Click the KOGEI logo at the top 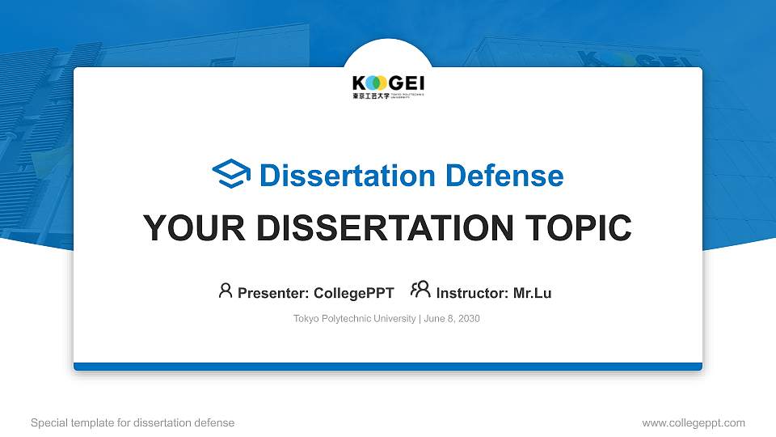[388, 83]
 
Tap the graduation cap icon [231, 175]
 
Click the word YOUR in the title [188, 228]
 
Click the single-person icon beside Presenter [226, 291]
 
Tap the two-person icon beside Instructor [420, 291]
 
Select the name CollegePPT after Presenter [353, 293]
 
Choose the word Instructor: [473, 293]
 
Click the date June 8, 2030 [452, 319]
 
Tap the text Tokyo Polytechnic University [354, 319]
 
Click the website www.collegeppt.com [693, 422]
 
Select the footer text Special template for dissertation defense [133, 422]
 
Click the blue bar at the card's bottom [388, 367]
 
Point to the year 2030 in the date [469, 319]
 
